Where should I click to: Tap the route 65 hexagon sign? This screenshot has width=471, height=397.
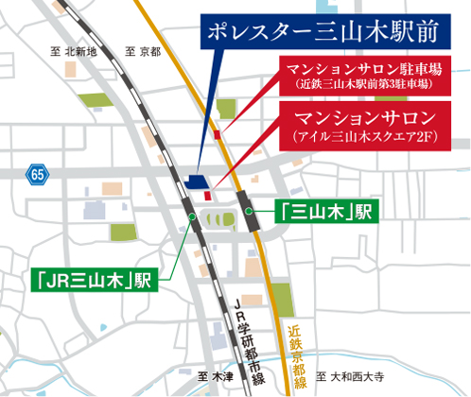pos(37,174)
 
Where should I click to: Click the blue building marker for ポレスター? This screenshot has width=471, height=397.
pos(198,181)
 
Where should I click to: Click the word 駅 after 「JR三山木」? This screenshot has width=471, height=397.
pos(143,281)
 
